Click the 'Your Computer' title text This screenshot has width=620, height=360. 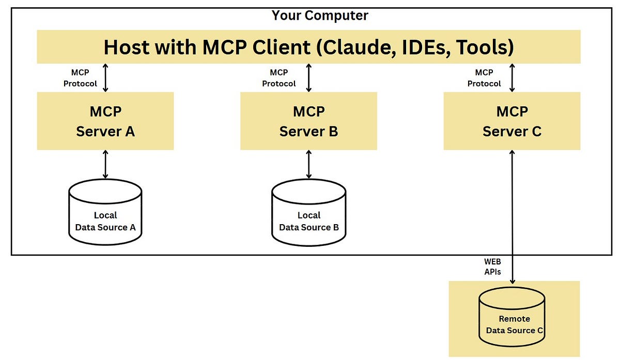(x=320, y=15)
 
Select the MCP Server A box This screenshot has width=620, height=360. (x=105, y=121)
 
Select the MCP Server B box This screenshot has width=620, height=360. (x=308, y=121)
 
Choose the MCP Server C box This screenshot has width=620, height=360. (x=512, y=121)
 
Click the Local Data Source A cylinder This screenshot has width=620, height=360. (x=105, y=212)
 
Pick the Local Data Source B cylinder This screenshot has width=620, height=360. (x=308, y=212)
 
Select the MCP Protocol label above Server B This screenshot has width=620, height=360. (x=279, y=78)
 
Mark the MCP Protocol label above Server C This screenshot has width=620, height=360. (x=484, y=78)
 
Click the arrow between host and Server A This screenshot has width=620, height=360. (x=106, y=77)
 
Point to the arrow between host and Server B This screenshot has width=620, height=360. (x=309, y=77)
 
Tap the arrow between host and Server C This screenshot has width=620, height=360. (x=512, y=77)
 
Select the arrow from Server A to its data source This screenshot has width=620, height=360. (x=106, y=165)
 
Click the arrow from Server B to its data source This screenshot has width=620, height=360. (x=309, y=165)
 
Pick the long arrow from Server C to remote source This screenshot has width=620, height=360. (x=512, y=217)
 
